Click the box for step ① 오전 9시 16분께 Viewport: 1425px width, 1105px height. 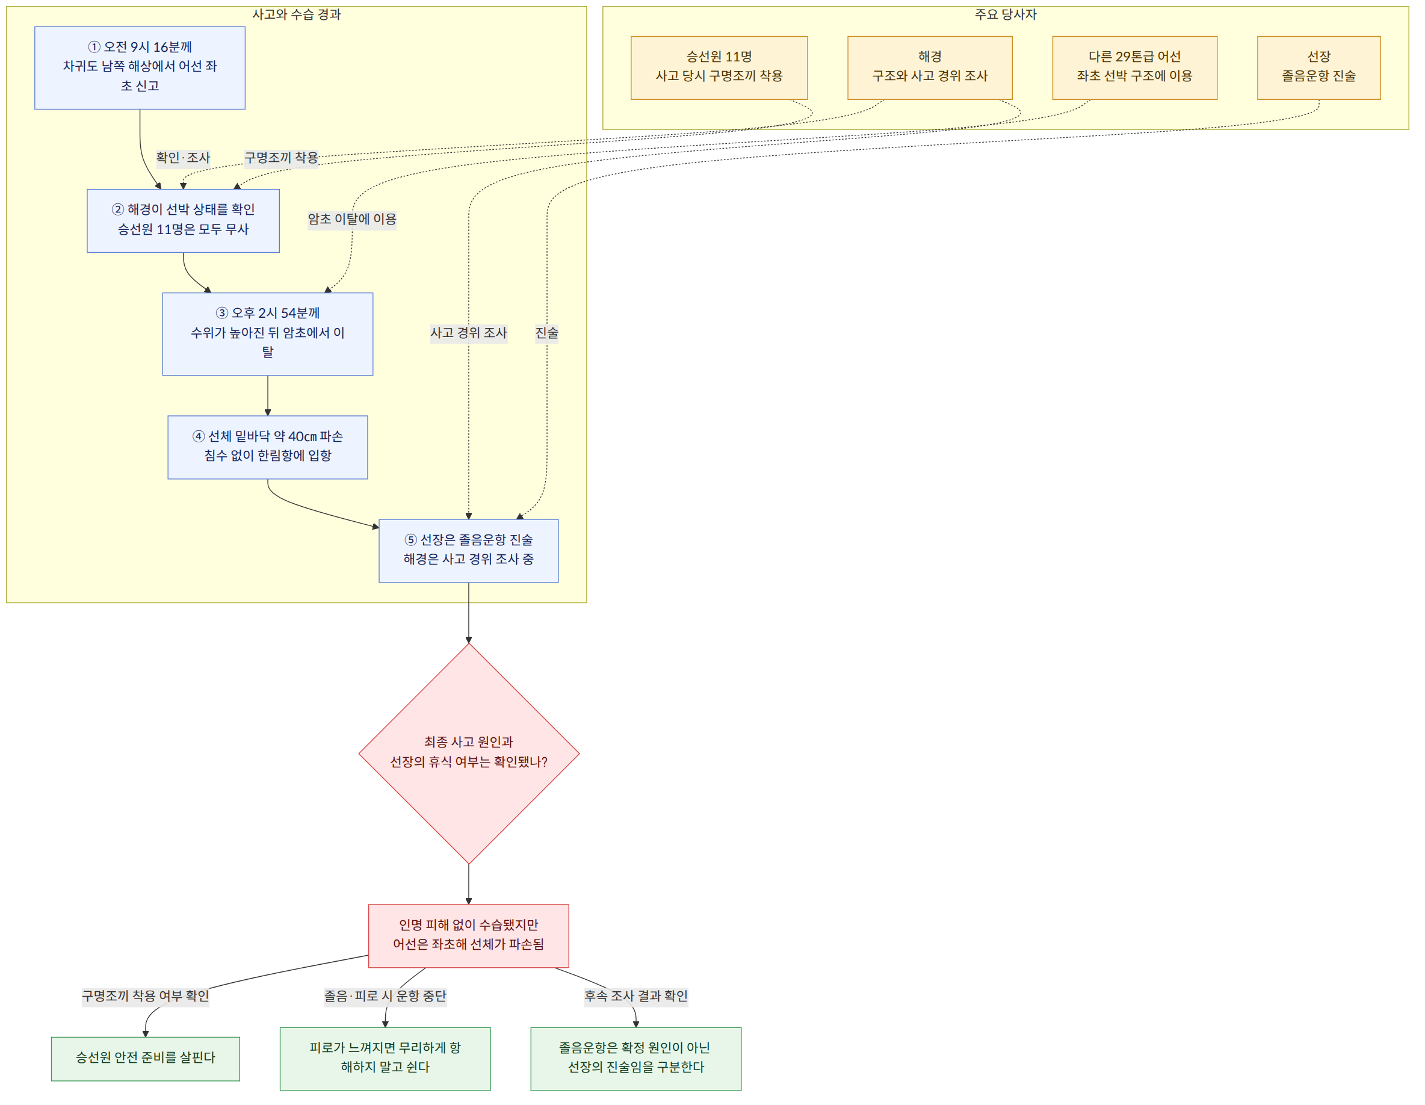pos(140,68)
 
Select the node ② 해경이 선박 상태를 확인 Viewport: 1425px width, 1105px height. pos(184,221)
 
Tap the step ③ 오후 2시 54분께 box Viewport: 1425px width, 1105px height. pos(268,334)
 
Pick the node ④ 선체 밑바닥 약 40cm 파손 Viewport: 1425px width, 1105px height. pos(268,447)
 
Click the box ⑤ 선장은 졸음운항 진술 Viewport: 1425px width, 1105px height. pos(468,551)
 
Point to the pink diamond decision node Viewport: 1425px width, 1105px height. pos(468,754)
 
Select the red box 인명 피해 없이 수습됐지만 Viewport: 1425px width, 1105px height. pos(468,936)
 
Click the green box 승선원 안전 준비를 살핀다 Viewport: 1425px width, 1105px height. pos(146,1059)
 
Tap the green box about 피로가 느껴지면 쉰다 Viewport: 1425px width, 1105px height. pos(385,1059)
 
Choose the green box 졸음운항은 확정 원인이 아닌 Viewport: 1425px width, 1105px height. pos(635,1059)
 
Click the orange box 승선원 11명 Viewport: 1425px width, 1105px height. pos(719,68)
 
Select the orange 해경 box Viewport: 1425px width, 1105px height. pos(930,68)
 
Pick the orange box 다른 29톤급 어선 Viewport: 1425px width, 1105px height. pos(1135,68)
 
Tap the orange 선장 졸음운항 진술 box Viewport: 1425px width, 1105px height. pos(1318,68)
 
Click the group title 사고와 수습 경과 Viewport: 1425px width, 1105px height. pos(296,14)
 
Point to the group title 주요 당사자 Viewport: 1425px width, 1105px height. pos(1006,14)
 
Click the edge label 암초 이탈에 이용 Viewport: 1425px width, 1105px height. pos(352,219)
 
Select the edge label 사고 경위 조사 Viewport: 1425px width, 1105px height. pos(468,333)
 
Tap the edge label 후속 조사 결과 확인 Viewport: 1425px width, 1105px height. pos(635,996)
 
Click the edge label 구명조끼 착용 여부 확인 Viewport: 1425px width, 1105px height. pos(146,996)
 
